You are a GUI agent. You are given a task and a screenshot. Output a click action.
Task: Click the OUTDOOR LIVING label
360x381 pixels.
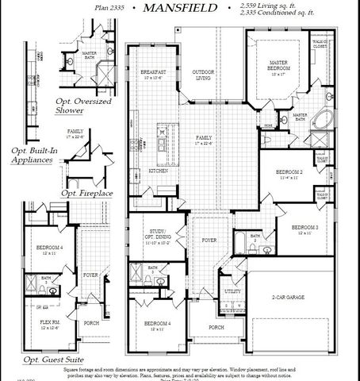pyautogui.click(x=202, y=74)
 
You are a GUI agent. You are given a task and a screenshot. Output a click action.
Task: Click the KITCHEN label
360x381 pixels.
pyautogui.click(x=158, y=171)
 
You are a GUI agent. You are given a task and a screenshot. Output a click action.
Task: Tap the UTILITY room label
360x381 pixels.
pyautogui.click(x=234, y=291)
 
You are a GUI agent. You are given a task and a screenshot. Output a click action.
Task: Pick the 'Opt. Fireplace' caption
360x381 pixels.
pyautogui.click(x=86, y=193)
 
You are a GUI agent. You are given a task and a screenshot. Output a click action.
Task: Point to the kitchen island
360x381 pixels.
pyautogui.click(x=163, y=146)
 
